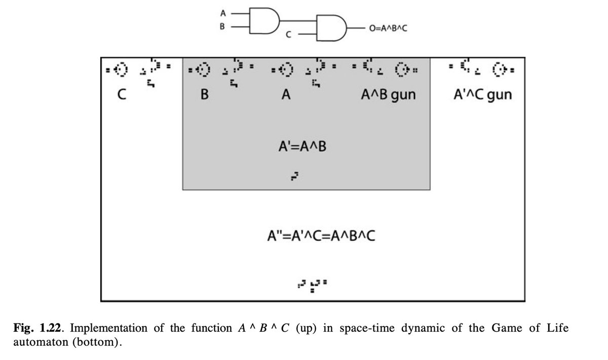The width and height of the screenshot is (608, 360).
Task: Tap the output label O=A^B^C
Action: tap(389, 29)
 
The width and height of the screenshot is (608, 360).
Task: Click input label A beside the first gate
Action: tap(222, 14)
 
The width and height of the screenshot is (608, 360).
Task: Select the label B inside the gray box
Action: tap(205, 95)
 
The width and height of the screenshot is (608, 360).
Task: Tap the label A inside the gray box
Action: tap(285, 95)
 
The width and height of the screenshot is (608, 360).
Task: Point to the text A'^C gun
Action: tap(481, 95)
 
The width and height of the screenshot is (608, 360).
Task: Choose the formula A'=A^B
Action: tap(302, 147)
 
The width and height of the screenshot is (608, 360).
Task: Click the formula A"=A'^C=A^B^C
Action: tap(321, 236)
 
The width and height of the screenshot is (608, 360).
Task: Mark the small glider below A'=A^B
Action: tap(293, 176)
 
